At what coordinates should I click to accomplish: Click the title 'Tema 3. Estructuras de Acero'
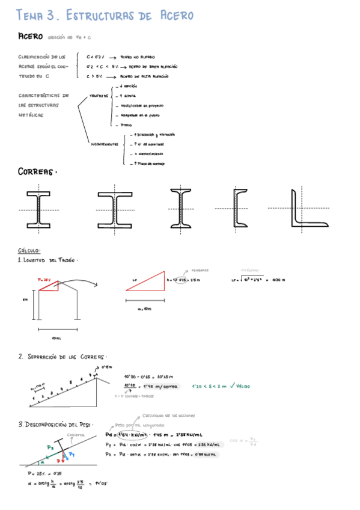pyautogui.click(x=105, y=16)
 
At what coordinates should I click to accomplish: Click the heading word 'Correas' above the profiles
pyautogui.click(x=37, y=173)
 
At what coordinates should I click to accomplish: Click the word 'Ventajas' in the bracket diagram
pyautogui.click(x=99, y=96)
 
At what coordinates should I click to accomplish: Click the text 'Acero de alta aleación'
pyautogui.click(x=145, y=76)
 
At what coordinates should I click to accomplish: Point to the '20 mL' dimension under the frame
pyautogui.click(x=56, y=338)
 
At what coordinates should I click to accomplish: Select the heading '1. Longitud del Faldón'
pyautogui.click(x=48, y=260)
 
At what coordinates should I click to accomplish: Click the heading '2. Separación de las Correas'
pyautogui.click(x=63, y=357)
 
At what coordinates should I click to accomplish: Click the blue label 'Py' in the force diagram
pyautogui.click(x=72, y=454)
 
